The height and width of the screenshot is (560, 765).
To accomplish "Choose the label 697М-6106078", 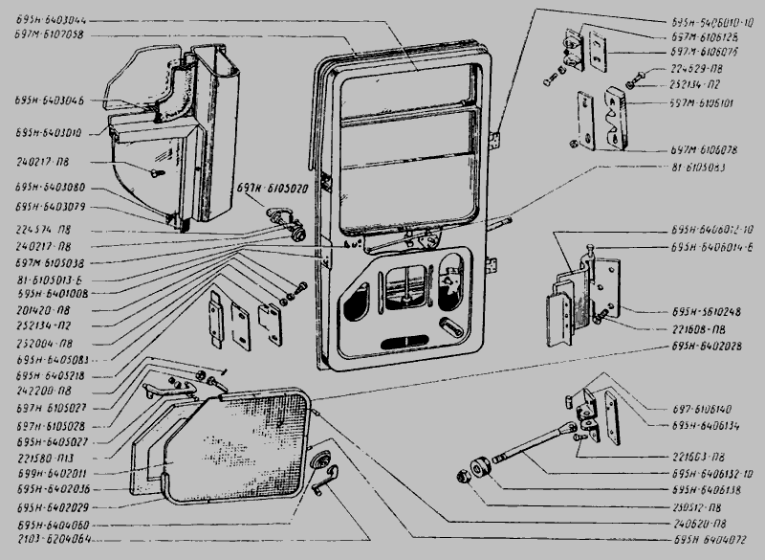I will coord(703,150).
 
